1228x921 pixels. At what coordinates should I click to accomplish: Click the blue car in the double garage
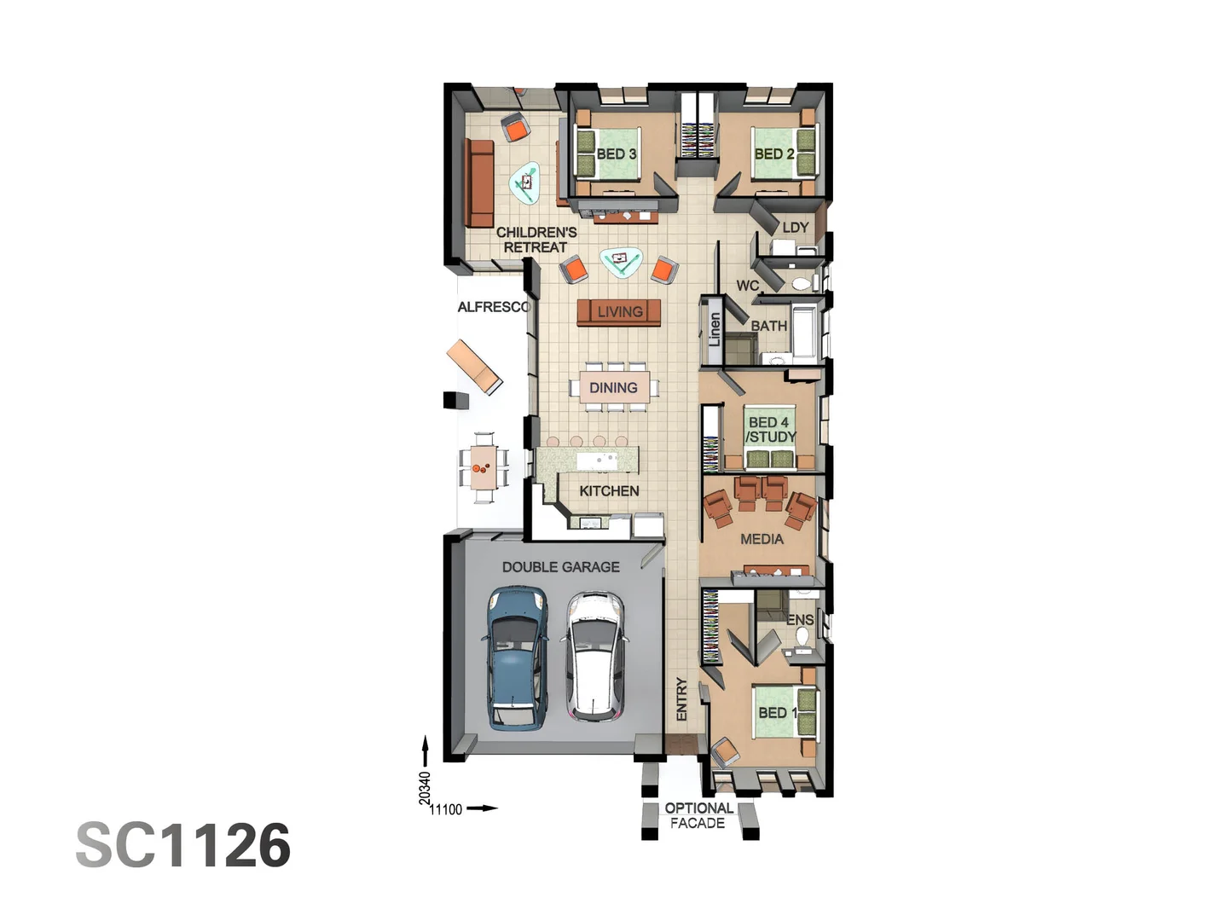(x=517, y=657)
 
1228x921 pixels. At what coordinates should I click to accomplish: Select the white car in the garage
(x=595, y=657)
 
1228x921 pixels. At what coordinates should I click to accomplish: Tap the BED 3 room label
(x=616, y=154)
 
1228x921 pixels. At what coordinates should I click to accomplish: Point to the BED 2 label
(x=773, y=154)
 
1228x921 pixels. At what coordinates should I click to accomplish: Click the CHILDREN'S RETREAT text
(x=536, y=240)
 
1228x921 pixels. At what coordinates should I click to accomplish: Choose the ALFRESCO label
(x=493, y=307)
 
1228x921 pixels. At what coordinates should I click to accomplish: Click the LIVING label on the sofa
(x=620, y=312)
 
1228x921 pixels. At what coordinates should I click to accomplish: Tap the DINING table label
(x=613, y=388)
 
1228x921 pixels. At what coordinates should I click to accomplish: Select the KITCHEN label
(x=609, y=491)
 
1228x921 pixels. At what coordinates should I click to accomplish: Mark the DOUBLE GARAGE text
(x=560, y=567)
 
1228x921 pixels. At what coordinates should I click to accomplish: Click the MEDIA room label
(x=762, y=539)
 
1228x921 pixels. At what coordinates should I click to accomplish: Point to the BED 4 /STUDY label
(x=770, y=430)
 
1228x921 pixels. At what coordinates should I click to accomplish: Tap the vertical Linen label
(x=715, y=329)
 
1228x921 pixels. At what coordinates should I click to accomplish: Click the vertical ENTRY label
(x=681, y=699)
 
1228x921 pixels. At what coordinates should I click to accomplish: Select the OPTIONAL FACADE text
(x=698, y=815)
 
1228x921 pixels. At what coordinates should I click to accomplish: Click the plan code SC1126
(x=183, y=846)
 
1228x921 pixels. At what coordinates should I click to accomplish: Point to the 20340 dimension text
(x=425, y=787)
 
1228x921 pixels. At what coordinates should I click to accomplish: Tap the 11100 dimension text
(x=445, y=809)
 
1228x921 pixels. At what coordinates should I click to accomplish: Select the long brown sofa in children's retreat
(x=479, y=182)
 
